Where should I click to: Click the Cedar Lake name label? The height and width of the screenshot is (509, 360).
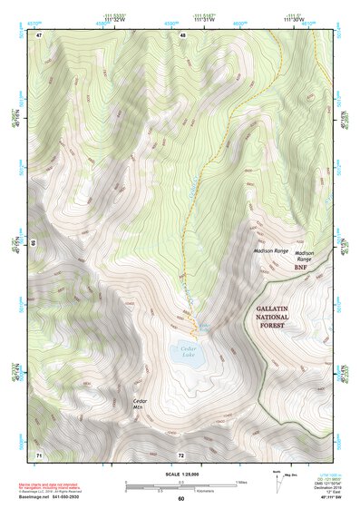pyautogui.click(x=189, y=353)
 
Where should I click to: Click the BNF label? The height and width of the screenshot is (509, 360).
pyautogui.click(x=301, y=269)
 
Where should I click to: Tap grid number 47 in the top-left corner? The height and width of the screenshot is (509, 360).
pyautogui.click(x=40, y=34)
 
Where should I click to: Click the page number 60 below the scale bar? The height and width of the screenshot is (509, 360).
pyautogui.click(x=181, y=499)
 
